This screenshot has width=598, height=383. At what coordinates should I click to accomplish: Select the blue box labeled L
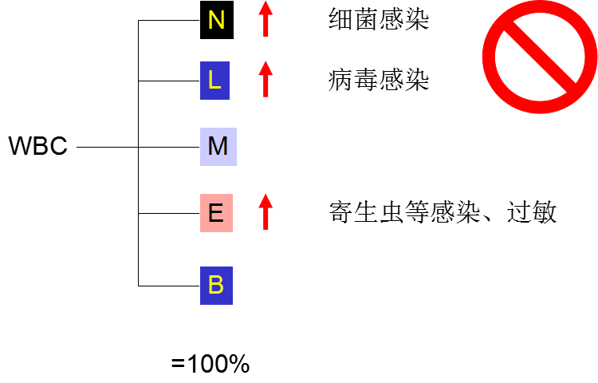214,81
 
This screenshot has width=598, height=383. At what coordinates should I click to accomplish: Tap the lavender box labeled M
218,147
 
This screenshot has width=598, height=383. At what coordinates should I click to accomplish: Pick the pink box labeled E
216,213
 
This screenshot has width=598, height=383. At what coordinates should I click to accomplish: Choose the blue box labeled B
215,285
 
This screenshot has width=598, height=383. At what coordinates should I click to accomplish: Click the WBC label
37,148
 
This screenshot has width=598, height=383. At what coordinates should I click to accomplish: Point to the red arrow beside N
266,20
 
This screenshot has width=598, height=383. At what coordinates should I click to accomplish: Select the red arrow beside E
266,213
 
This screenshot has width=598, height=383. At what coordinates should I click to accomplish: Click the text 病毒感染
379,81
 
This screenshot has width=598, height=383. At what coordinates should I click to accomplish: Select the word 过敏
532,213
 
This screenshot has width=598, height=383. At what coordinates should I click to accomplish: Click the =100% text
210,365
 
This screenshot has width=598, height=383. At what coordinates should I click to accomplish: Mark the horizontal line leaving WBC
108,148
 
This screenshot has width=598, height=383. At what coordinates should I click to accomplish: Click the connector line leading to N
169,21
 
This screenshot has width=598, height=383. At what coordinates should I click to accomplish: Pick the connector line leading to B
169,285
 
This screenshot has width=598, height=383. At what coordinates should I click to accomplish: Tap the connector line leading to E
169,213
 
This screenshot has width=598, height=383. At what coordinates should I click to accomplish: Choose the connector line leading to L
169,81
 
